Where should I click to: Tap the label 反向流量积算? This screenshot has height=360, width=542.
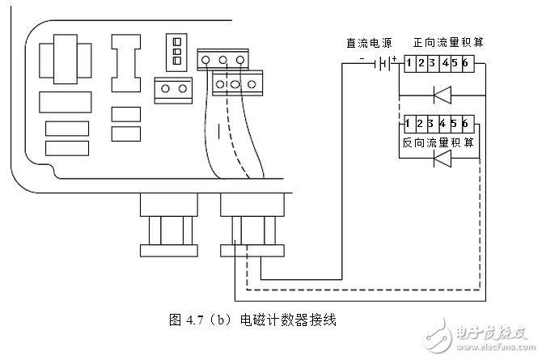coord(438,141)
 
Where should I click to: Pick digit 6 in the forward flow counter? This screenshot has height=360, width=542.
coord(466,63)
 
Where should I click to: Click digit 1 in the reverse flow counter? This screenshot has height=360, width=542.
coord(410,123)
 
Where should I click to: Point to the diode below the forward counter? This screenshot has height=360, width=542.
coord(442,95)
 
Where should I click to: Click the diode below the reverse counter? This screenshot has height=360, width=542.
coord(442,159)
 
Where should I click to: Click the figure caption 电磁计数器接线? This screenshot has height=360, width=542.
coord(288,320)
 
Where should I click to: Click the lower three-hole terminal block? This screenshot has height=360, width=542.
coord(238,83)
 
